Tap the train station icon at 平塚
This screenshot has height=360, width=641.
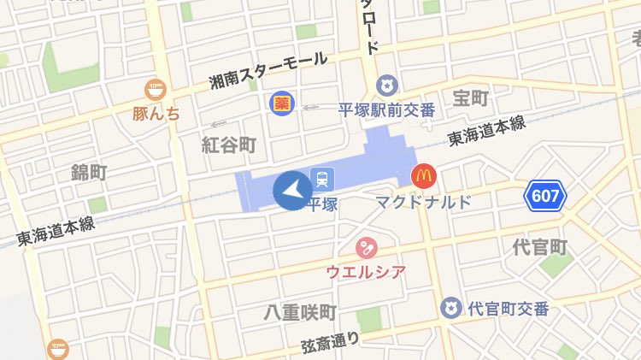pos(322,179)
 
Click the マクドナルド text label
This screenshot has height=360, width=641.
pos(424,203)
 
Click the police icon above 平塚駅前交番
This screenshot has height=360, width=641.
pos(387,86)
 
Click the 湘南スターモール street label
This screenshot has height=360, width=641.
pos(268,70)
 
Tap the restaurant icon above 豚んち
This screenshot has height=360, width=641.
pos(155,88)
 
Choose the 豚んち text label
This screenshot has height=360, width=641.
pos(156,112)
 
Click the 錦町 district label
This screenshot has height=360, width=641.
pos(89,173)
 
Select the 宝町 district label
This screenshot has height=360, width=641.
pos(470,99)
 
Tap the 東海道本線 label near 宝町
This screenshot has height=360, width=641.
pos(486,132)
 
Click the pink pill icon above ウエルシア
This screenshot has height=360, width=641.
pos(366,248)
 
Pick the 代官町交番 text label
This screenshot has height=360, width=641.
pos(509,309)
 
